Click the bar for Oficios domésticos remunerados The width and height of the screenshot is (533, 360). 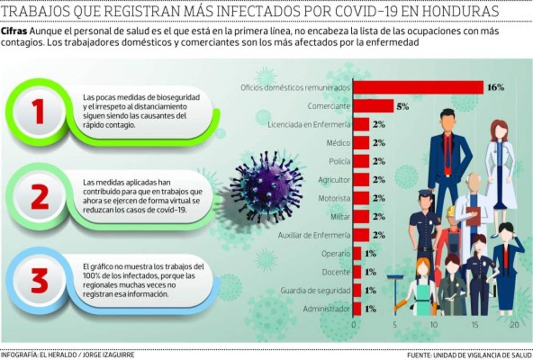click(x=418, y=87)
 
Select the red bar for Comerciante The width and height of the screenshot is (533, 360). click(x=373, y=106)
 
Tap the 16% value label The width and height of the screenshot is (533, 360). click(x=495, y=87)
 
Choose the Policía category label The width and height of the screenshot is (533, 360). click(x=340, y=162)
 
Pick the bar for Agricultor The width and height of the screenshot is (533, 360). click(x=361, y=180)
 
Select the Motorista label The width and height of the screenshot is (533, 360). click(x=334, y=198)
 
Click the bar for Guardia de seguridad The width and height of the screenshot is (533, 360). click(x=357, y=290)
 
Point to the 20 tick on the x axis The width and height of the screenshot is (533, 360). click(x=514, y=324)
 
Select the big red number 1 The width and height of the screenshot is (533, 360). click(x=39, y=111)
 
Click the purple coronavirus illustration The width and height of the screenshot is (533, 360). click(x=267, y=187)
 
